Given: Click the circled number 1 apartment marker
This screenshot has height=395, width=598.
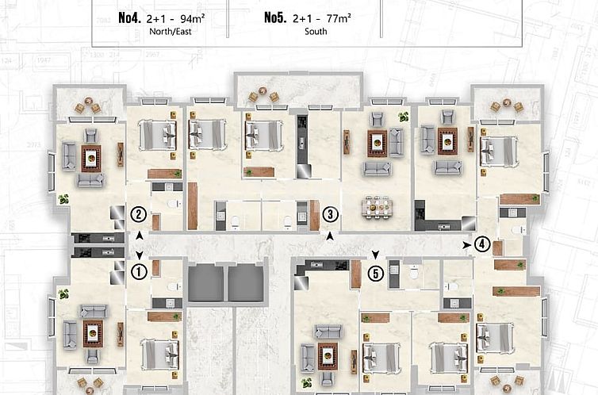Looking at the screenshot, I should (x=139, y=272).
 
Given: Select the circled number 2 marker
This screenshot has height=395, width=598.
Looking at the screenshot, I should (x=139, y=214).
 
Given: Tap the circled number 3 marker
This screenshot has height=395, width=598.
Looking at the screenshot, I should (x=331, y=214).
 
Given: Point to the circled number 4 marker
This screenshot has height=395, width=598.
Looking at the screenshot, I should (x=481, y=244).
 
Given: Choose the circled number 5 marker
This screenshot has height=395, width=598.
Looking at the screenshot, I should (x=376, y=273).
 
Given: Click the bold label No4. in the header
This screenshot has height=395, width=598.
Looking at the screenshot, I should (x=129, y=17).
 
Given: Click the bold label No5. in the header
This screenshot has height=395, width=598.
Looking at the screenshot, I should (x=275, y=17).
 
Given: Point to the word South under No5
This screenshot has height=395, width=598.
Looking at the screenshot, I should (x=315, y=33).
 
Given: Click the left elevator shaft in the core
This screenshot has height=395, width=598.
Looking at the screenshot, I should (x=206, y=283).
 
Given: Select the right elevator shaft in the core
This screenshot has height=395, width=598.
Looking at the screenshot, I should (x=245, y=283).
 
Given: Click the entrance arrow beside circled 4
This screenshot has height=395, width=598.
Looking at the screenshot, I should (x=466, y=245).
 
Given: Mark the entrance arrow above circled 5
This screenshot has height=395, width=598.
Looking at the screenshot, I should (x=376, y=255).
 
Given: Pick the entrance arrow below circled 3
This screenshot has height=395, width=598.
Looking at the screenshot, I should (x=331, y=236).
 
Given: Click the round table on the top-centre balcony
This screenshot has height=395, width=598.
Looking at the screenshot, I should (x=263, y=96).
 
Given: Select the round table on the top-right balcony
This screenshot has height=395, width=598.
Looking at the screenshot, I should (x=506, y=105).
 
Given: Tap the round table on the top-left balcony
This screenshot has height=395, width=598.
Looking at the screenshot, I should (x=87, y=106).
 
